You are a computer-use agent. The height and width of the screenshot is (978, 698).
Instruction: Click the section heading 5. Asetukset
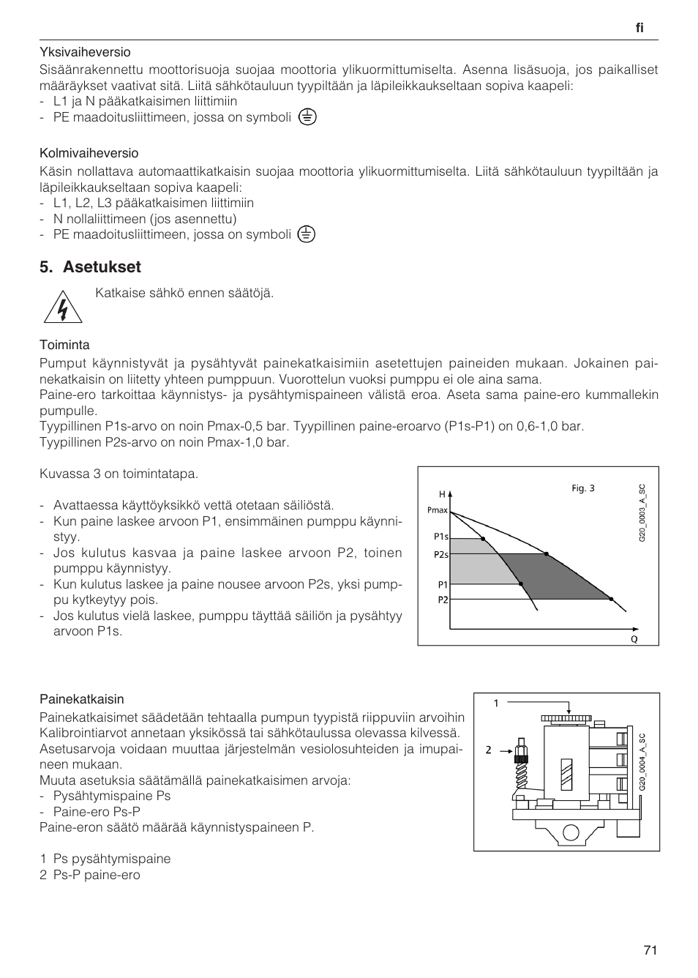coord(90,267)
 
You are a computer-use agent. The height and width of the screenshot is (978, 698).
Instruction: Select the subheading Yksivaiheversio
coord(85,52)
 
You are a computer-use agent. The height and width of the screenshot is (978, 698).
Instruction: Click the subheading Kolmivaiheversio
coord(89,153)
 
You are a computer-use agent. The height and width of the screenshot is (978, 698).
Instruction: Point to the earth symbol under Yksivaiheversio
coord(307,117)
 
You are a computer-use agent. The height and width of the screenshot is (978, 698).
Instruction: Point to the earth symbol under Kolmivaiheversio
coord(307,234)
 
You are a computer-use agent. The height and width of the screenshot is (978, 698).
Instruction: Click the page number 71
coord(650,950)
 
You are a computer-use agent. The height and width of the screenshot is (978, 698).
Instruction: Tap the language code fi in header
coord(639,28)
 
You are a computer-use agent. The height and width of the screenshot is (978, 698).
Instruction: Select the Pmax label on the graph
coord(437,510)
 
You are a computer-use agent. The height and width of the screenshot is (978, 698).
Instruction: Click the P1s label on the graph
coord(440,537)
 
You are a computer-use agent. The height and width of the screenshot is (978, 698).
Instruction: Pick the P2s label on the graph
coord(440,555)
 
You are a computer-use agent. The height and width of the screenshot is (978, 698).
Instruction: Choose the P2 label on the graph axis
coord(443,600)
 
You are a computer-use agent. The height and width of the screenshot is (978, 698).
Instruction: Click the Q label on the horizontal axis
coord(634,639)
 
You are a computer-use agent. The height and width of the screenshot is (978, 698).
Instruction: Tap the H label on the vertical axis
coord(442,495)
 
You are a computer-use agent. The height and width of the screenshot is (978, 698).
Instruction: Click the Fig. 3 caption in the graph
coord(582,488)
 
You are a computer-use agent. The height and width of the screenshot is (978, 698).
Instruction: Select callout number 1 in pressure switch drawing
coord(495,703)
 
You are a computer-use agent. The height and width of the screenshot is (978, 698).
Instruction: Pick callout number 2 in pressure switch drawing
coord(487,750)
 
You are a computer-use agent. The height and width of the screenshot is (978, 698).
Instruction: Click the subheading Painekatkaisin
coord(82,699)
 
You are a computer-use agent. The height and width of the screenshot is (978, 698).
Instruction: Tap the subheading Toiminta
coord(64,345)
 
